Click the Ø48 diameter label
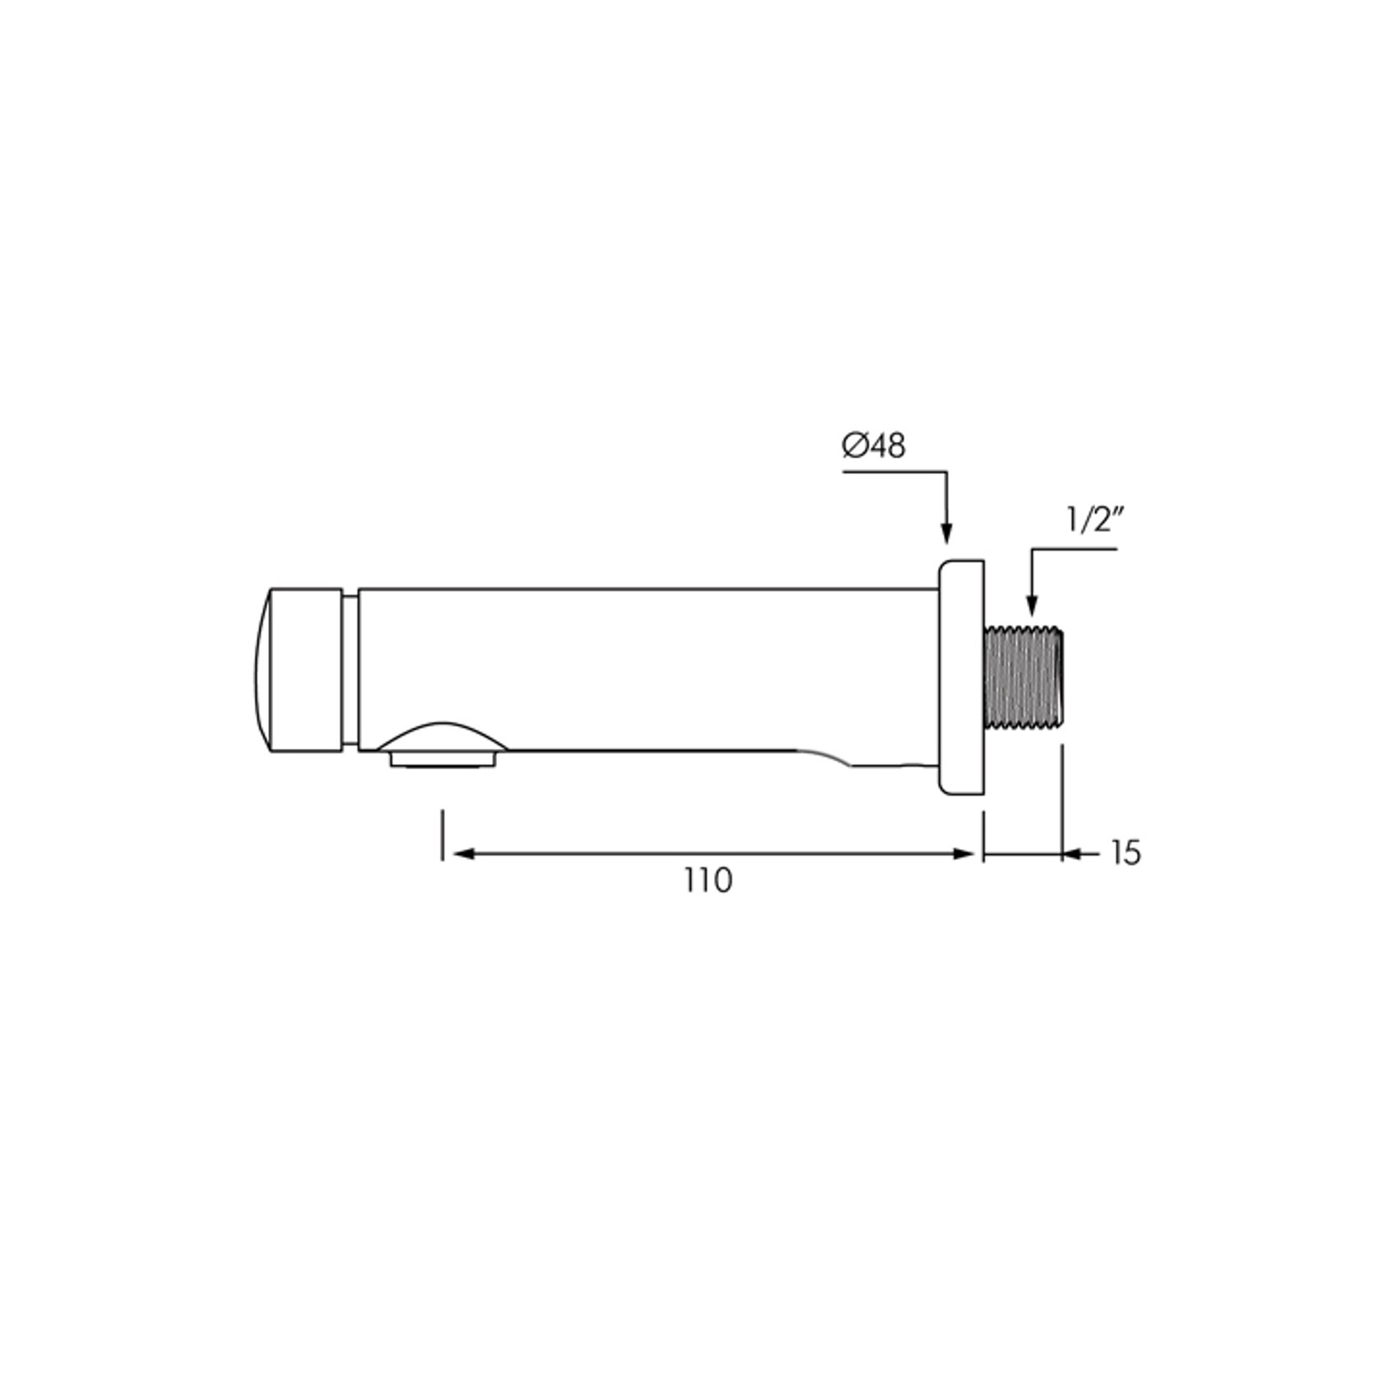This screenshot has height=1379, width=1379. click(873, 446)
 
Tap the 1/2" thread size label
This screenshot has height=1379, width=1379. click(1094, 520)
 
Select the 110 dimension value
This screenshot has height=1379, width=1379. click(708, 880)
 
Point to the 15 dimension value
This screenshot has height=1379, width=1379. click(1126, 853)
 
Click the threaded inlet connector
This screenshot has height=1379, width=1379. click(1024, 677)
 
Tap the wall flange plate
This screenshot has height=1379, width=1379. click(961, 677)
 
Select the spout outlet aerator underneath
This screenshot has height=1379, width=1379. click(444, 759)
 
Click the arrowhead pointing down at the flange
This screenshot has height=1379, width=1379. click(946, 532)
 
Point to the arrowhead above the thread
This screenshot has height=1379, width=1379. click(1032, 605)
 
